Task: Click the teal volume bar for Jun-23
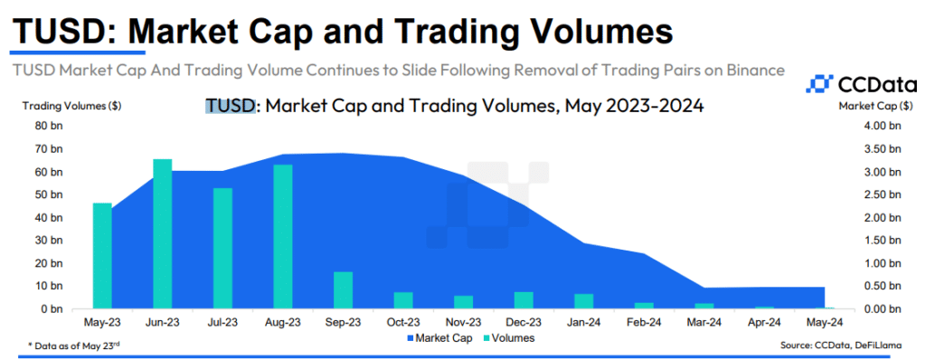pyautogui.click(x=163, y=233)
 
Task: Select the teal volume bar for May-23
pyautogui.click(x=103, y=256)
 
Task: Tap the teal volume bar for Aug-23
pyautogui.click(x=282, y=237)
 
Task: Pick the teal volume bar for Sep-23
pyautogui.click(x=343, y=290)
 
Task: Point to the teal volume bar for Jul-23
pyautogui.click(x=222, y=249)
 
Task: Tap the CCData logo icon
pyautogui.click(x=817, y=85)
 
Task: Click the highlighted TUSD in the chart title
pyautogui.click(x=231, y=106)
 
